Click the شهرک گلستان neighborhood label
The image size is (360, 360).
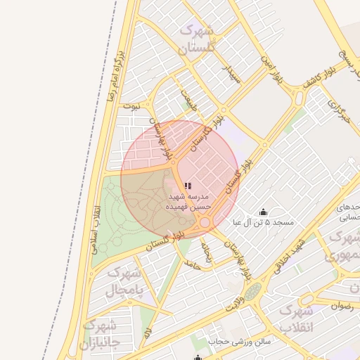[196, 39]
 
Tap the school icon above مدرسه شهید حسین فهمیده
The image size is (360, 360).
[188, 186]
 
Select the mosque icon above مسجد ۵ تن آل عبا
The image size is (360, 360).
[264, 212]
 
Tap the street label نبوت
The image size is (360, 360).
[131, 106]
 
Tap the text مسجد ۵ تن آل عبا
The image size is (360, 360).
[265, 222]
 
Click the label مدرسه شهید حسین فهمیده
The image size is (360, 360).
[187, 202]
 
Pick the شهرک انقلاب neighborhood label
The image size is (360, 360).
[295, 318]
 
